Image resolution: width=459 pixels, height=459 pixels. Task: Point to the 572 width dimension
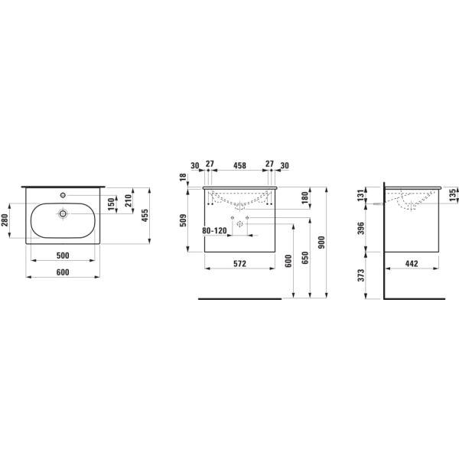pos(239,262)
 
